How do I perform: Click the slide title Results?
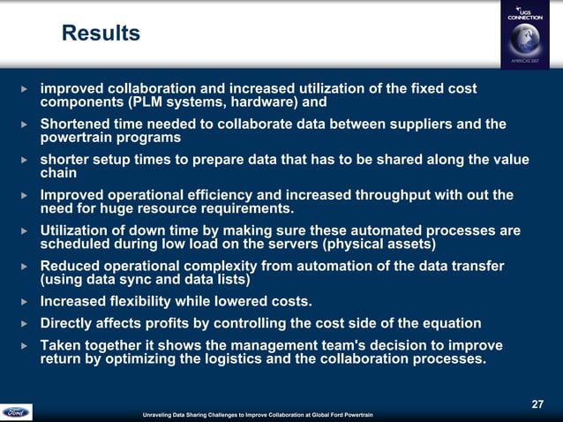tap(101, 34)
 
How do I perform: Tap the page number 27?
tap(537, 403)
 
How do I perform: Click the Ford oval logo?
tap(16, 412)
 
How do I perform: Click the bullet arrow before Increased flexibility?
tap(25, 301)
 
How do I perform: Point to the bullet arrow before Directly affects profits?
tap(25, 323)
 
